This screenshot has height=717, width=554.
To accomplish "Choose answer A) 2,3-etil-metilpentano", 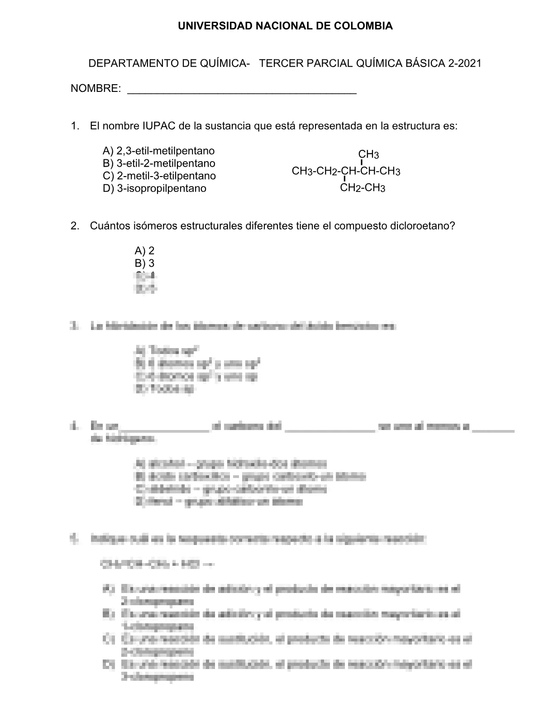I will [x=158, y=151].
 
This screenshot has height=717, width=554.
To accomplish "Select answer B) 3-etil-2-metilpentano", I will [x=159, y=163].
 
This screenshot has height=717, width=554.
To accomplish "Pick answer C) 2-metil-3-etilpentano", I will [x=159, y=176].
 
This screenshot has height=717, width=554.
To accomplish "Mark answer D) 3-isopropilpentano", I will [x=154, y=188].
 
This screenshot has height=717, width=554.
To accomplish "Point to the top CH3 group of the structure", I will [x=368, y=154].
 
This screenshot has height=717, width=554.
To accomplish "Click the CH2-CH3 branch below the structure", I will [x=363, y=188].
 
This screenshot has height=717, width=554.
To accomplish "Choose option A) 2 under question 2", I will [x=144, y=251].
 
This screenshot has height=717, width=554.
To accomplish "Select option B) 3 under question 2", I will [x=144, y=263].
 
